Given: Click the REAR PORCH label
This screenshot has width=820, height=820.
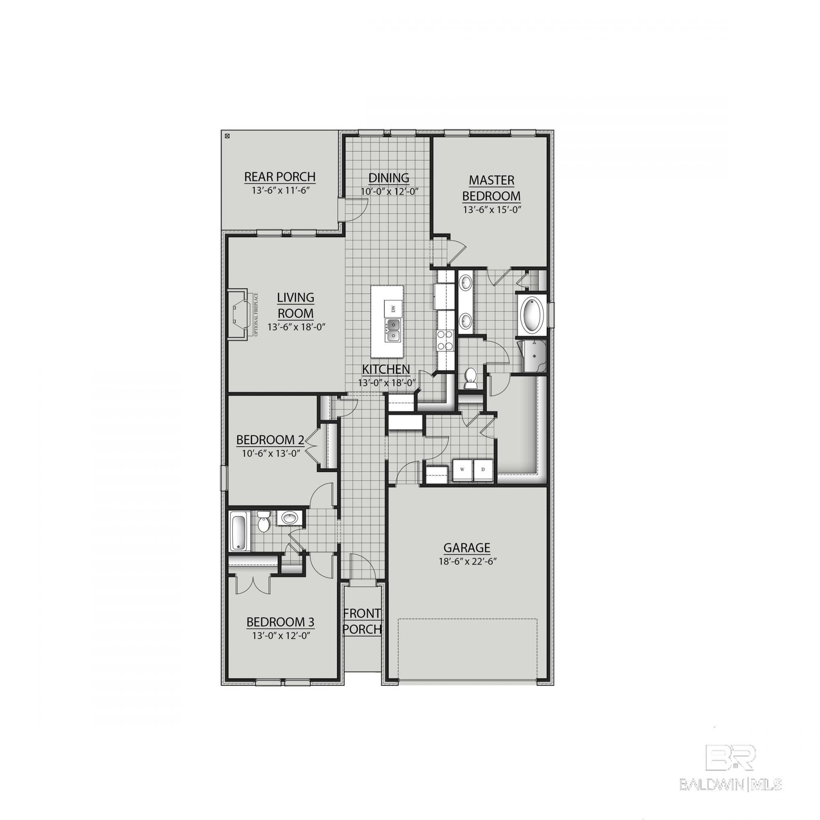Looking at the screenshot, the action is coord(280,176).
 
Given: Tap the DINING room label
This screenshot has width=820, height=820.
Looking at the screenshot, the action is coord(389,177).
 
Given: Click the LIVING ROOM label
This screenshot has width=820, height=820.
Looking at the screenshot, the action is coord(296,305).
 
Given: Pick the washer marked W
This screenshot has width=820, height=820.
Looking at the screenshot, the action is coord(462,469).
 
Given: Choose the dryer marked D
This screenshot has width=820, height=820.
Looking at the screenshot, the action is coord(483,469).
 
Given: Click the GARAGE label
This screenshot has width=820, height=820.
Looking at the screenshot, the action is coord(467,547).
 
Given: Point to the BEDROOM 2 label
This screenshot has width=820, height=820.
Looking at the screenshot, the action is coord(270,439).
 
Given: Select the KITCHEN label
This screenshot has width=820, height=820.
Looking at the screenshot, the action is coord(386,369).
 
